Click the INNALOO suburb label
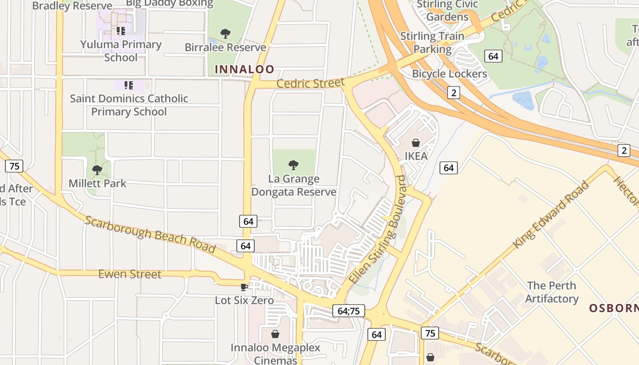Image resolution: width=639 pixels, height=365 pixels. (x=244, y=69)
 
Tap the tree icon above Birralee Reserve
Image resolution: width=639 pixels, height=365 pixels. (x=225, y=33)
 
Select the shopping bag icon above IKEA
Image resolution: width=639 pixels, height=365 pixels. (x=416, y=143)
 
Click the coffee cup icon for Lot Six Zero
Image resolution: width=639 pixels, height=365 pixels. (x=244, y=287)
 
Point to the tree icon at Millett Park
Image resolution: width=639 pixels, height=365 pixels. (x=97, y=170)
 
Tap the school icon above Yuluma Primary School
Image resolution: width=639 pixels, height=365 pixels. (x=120, y=31)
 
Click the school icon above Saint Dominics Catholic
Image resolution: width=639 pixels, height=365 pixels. (x=129, y=85)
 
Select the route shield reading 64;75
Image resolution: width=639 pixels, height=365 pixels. (x=349, y=311)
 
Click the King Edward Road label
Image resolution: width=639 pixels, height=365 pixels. (x=551, y=214)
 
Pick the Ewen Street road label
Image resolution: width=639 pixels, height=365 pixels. (x=130, y=274)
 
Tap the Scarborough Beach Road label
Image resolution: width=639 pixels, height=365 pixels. (x=150, y=234)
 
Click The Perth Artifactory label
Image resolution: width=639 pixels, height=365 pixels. (x=551, y=292)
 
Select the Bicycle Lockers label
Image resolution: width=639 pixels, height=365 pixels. (x=450, y=73)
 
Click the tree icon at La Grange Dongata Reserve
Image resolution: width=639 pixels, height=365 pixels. (x=293, y=165)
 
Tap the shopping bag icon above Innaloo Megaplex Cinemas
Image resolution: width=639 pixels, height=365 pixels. (x=275, y=334)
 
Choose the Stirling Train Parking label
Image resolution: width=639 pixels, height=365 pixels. (x=432, y=42)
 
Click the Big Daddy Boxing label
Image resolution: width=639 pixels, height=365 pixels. (x=169, y=4)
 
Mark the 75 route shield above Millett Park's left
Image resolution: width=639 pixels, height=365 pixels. (x=14, y=166)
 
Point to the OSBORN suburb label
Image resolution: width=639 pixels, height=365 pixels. (x=613, y=308)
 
